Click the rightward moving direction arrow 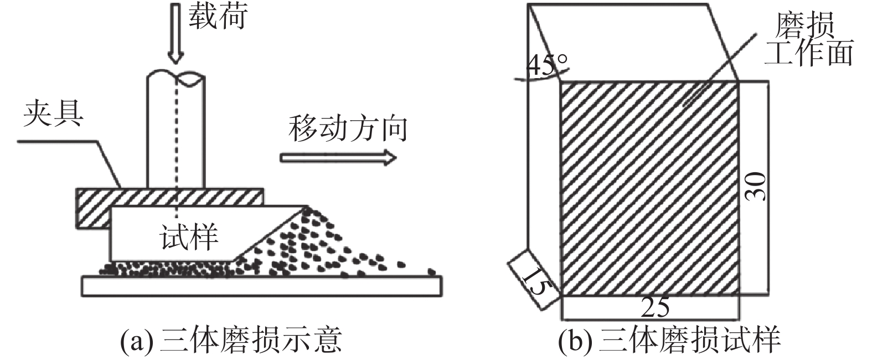click(338, 158)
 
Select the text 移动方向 click(348, 128)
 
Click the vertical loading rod click(161, 133)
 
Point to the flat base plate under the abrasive click(260, 286)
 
